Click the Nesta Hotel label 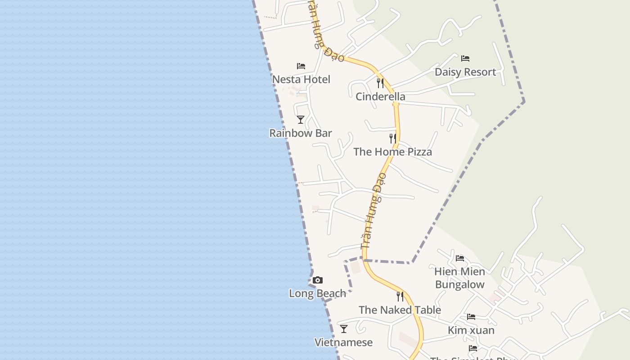[301, 80]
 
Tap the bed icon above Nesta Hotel [301, 66]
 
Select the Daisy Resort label [465, 72]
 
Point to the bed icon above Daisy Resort [465, 58]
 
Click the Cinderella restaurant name [380, 97]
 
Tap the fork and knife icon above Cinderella [380, 83]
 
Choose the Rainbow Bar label [301, 133]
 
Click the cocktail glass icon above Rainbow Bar [301, 120]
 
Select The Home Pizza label [392, 152]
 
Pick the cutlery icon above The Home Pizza [393, 138]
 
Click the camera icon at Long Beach [318, 280]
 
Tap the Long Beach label [318, 294]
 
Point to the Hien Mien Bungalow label [459, 278]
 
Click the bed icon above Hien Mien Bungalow [460, 258]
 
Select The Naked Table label [400, 310]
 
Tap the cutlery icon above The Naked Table [400, 296]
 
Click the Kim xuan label [471, 330]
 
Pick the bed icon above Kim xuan [471, 317]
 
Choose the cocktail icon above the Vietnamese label [344, 329]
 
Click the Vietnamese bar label [344, 342]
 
